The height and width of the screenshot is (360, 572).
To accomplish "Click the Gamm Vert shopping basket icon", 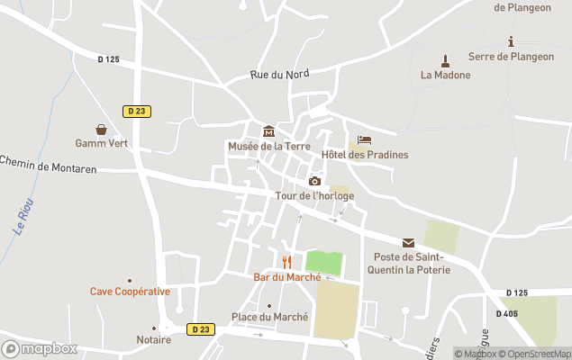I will pyautogui.click(x=102, y=130).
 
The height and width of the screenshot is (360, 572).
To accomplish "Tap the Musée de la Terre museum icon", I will pyautogui.click(x=268, y=132).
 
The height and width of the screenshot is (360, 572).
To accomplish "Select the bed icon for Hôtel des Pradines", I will pyautogui.click(x=364, y=140).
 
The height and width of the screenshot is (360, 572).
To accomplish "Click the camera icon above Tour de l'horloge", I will pyautogui.click(x=314, y=181).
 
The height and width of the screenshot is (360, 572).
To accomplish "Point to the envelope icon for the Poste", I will pyautogui.click(x=408, y=243).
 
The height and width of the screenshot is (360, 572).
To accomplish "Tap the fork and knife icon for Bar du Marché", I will pyautogui.click(x=286, y=262).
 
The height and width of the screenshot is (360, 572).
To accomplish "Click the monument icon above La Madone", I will pyautogui.click(x=444, y=61).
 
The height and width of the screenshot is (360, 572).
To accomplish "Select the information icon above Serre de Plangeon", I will pyautogui.click(x=512, y=41).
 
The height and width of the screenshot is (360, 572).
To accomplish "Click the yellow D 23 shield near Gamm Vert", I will pyautogui.click(x=137, y=111).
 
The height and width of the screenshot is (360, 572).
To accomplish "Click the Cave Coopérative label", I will pyautogui.click(x=130, y=292).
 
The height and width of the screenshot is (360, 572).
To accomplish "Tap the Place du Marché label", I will pyautogui.click(x=269, y=317).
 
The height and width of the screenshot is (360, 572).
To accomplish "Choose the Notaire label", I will pyautogui.click(x=154, y=340).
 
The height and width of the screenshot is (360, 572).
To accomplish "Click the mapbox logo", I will pyautogui.click(x=40, y=348).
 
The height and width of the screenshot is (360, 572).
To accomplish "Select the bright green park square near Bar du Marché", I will pyautogui.click(x=324, y=264).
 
